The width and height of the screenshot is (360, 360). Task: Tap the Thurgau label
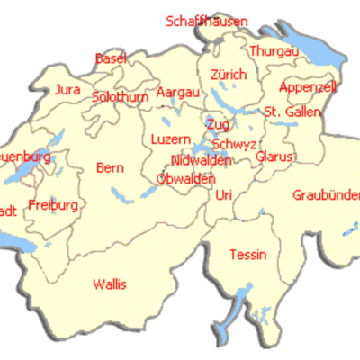[274, 51]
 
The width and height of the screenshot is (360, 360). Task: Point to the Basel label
[111, 58]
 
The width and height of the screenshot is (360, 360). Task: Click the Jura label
[67, 89]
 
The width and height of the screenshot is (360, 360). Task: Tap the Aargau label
[178, 93]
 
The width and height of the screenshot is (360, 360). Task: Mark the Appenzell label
[308, 87]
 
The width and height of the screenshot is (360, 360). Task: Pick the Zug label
[218, 123]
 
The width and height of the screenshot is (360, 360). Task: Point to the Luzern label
[171, 139]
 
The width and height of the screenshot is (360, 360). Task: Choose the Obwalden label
[185, 178]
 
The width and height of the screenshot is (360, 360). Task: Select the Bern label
[110, 168]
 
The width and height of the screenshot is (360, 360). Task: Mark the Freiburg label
[53, 205]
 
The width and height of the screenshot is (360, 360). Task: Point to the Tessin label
[248, 255]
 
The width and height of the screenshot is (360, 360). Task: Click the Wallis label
[110, 284]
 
